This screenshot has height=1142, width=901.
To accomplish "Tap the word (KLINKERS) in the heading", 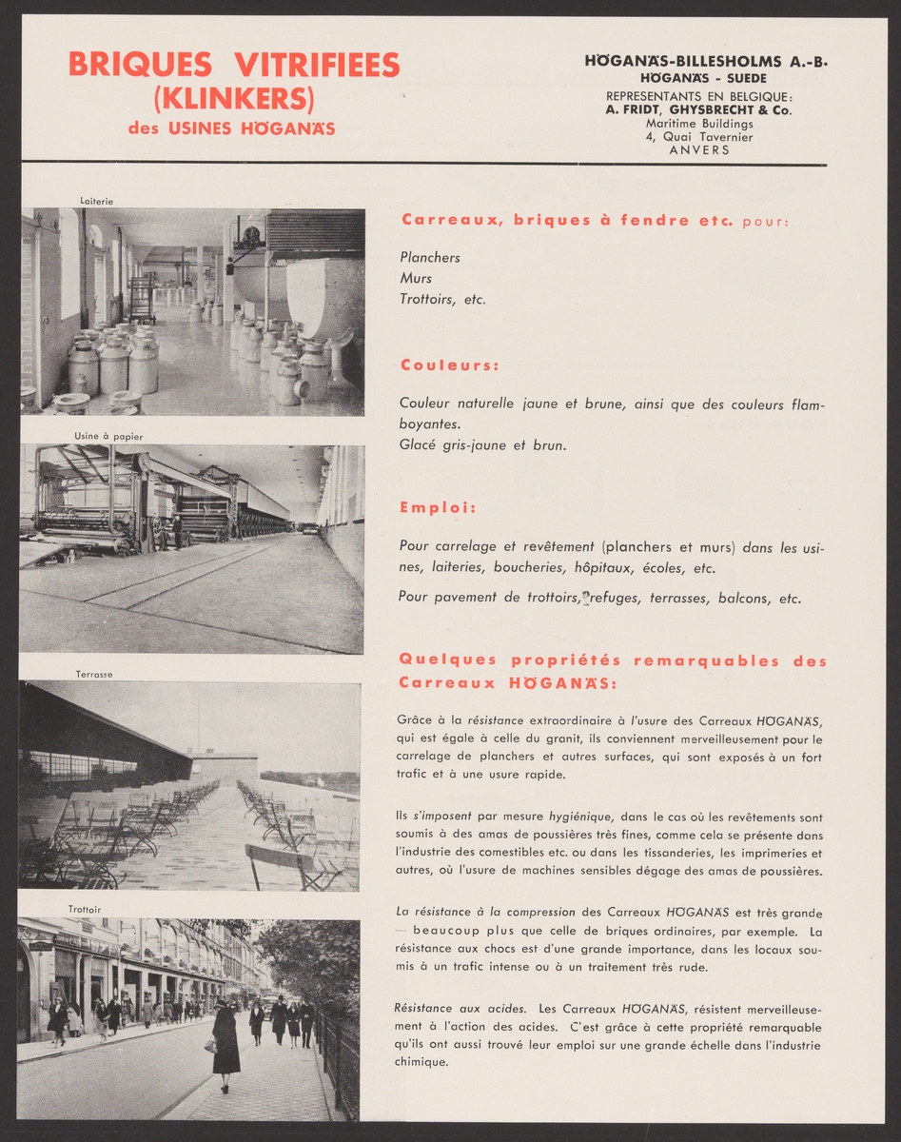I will coord(234,97).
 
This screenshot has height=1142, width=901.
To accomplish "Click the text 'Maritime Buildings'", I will coord(699,123).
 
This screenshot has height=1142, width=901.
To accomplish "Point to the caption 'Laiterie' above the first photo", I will coord(97,201).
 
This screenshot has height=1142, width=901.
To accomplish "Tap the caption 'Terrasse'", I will coord(94,674).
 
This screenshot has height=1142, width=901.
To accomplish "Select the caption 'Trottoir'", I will coord(85,910).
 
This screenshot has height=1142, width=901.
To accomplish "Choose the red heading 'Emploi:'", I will coord(438,507).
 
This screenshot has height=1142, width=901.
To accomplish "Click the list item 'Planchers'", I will coord(430,257).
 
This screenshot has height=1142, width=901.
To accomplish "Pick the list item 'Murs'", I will coord(416,278).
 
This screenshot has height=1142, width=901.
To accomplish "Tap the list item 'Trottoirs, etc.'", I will coord(442,299).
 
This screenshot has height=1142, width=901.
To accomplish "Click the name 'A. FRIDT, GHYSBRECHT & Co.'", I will coord(698,109).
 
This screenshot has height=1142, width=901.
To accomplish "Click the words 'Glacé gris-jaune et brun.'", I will coord(482,444).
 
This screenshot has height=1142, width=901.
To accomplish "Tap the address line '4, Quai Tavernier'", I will coord(698,136).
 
